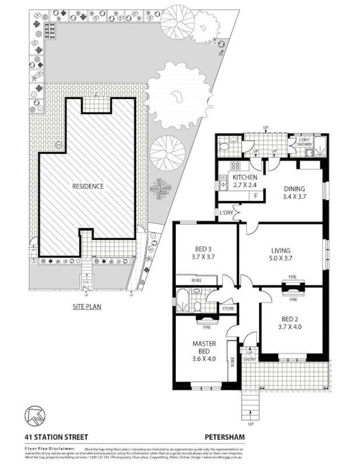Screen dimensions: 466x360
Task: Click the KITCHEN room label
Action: pos(245,176)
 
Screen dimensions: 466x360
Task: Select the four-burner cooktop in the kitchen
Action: pos(224,165)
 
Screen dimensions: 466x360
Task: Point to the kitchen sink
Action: pos(223,186)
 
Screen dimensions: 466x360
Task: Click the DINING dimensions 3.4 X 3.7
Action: pos(294,197)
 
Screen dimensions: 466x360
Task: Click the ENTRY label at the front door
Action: pos(249,359)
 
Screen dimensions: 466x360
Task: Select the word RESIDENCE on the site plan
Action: pos(88,186)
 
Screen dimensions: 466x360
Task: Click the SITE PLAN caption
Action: pos(87,305)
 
